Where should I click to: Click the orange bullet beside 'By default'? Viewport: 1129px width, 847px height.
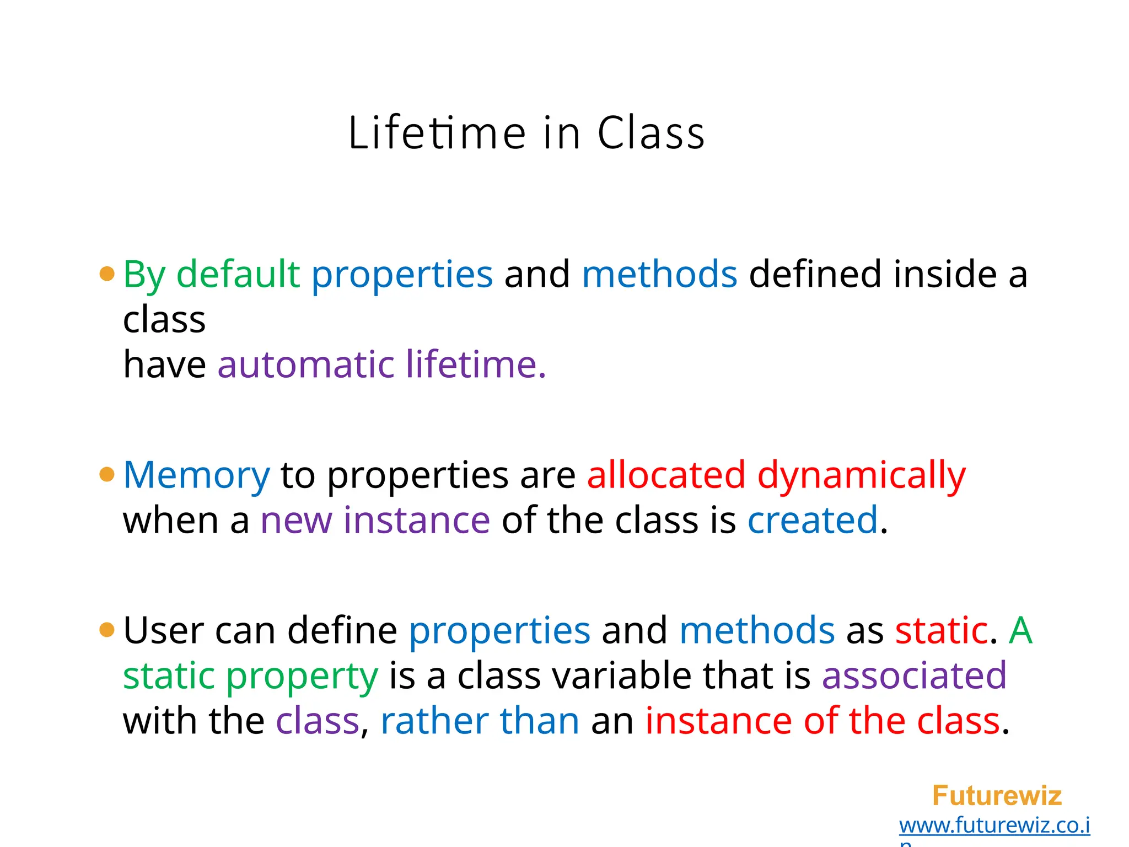coord(107,274)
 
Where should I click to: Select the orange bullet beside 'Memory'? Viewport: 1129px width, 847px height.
coord(107,474)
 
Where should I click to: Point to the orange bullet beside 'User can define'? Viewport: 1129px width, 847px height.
coord(107,629)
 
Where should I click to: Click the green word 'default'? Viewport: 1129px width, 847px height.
coord(238,274)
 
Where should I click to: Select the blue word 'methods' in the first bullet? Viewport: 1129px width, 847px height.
coord(659,274)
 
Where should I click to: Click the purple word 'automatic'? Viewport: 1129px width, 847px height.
coord(306,364)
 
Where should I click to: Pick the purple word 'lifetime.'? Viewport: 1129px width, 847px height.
coord(476,364)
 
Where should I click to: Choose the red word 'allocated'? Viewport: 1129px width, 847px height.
coord(666,475)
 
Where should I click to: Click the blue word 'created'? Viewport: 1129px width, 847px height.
coord(813,520)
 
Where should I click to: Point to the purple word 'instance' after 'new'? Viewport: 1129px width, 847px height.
coord(416,520)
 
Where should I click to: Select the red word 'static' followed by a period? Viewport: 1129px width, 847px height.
coord(941,630)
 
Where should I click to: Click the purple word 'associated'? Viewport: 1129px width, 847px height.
coord(914,676)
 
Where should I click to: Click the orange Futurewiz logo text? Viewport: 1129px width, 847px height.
coord(997,796)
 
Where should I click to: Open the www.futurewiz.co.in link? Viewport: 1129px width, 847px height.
coord(994,825)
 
